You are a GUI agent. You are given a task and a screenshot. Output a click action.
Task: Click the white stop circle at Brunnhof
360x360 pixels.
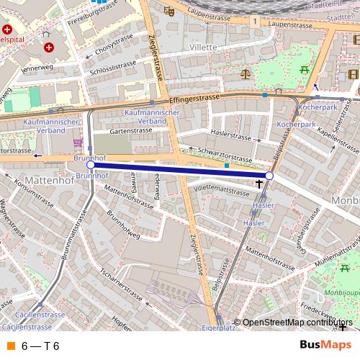90,165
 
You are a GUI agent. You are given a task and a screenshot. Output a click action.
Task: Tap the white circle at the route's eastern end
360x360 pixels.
269,176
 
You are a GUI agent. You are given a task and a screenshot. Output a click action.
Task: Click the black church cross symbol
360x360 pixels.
259,184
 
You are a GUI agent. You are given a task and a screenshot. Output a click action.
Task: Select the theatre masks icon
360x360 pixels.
169,11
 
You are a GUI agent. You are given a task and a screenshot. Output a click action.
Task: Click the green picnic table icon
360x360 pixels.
305,70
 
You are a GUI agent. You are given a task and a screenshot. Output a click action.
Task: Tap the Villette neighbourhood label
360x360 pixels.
202,47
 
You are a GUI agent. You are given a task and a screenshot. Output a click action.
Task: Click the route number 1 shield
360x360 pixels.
255,22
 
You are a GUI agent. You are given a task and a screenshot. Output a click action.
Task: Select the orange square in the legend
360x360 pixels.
11,346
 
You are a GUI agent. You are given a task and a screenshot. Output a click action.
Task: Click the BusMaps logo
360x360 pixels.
320,345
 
